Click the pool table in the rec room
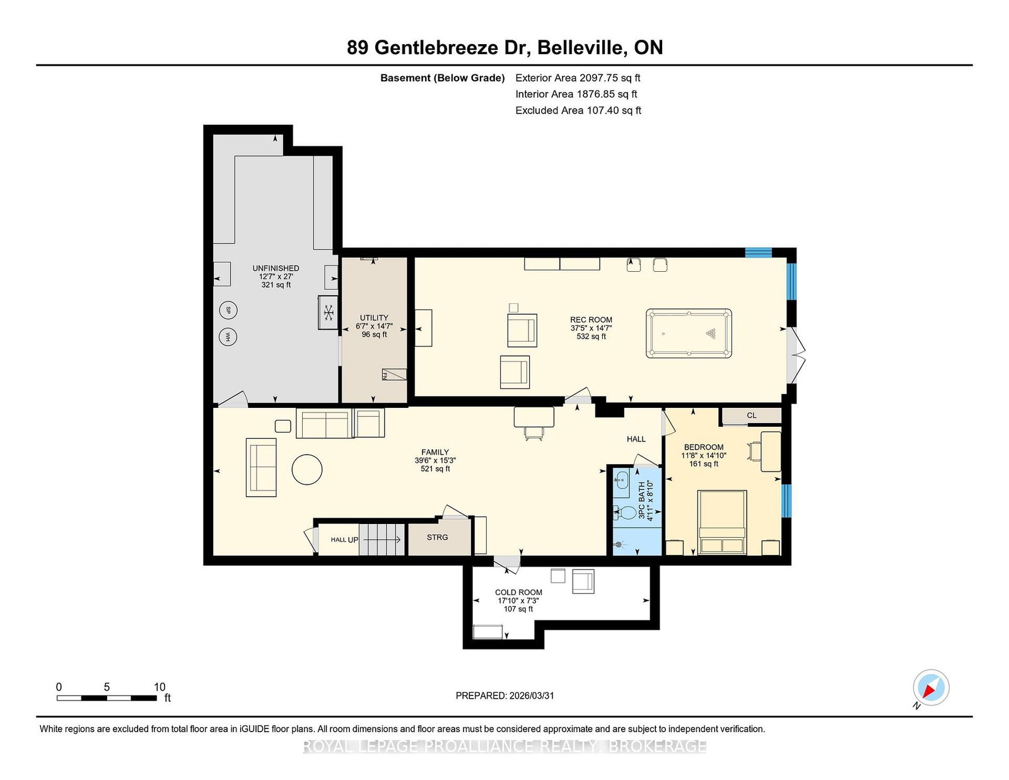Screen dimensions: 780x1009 tap(689, 333)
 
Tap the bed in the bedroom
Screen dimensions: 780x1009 tap(722, 522)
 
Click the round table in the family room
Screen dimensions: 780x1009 tap(307, 470)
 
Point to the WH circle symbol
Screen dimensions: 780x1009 tap(228, 337)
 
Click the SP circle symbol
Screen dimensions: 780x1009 tap(228, 310)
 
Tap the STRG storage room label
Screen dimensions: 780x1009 tap(437, 537)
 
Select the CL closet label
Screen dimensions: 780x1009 tap(751, 416)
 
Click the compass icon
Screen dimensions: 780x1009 tap(931, 688)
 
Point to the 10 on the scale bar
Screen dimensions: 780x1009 tap(160, 687)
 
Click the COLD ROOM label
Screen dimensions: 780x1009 tap(518, 592)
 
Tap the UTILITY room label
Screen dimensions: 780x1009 tap(374, 318)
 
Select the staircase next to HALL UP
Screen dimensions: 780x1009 tap(382, 540)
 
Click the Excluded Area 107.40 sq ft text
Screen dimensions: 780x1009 tap(578, 110)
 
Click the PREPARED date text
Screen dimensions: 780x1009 tap(504, 696)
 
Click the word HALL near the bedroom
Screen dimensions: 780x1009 tap(636, 439)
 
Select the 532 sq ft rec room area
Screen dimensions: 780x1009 tap(591, 337)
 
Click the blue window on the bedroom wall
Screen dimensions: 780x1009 tap(786, 501)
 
